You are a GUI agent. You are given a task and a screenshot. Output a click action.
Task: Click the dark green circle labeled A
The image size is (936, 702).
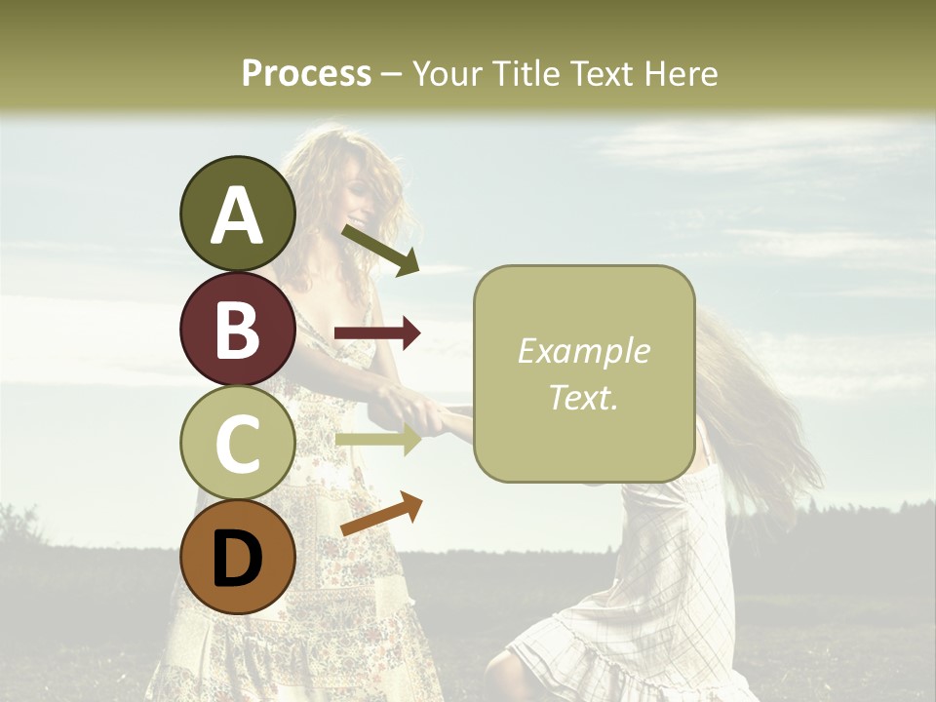click(238, 214)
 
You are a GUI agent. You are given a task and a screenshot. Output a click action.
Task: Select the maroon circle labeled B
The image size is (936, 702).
click(238, 329)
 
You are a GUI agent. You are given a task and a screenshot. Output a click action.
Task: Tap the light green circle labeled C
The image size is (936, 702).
click(238, 443)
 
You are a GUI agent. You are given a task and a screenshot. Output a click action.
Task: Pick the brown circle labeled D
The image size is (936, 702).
click(238, 557)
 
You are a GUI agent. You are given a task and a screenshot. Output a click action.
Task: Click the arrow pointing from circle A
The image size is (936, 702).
click(381, 250)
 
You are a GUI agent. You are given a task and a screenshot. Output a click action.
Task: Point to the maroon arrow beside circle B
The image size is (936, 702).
click(377, 333)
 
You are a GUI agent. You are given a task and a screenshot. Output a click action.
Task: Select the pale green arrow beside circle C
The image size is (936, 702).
click(377, 440)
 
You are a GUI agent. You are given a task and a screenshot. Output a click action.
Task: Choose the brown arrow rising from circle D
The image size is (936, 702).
click(381, 514)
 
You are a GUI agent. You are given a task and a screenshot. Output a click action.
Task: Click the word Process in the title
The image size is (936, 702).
click(306, 73)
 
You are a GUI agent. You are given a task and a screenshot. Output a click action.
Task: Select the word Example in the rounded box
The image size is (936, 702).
click(583, 351)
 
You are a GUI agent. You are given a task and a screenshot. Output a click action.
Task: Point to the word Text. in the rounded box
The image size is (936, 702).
click(583, 398)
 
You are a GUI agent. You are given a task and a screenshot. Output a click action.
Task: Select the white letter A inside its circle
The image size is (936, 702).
click(238, 215)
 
